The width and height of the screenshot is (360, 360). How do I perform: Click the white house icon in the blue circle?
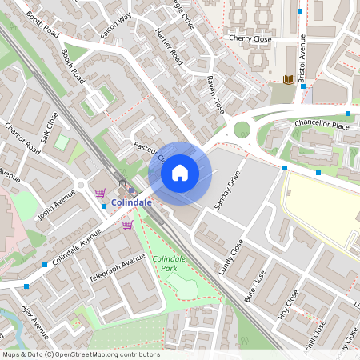coord(180,172)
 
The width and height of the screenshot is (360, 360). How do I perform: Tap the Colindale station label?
coord(133,202)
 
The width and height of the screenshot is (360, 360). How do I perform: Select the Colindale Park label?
coord(170,264)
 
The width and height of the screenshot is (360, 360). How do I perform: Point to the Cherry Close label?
coord(250,38)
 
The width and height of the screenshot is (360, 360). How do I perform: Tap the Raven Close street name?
coord(215,94)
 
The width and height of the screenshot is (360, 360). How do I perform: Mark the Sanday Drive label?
coord(227,191)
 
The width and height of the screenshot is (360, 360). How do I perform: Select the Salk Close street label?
coord(50,127)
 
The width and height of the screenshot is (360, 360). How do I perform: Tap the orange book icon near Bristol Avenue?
coord(288,79)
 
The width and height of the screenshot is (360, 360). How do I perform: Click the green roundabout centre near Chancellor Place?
coord(242,130)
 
